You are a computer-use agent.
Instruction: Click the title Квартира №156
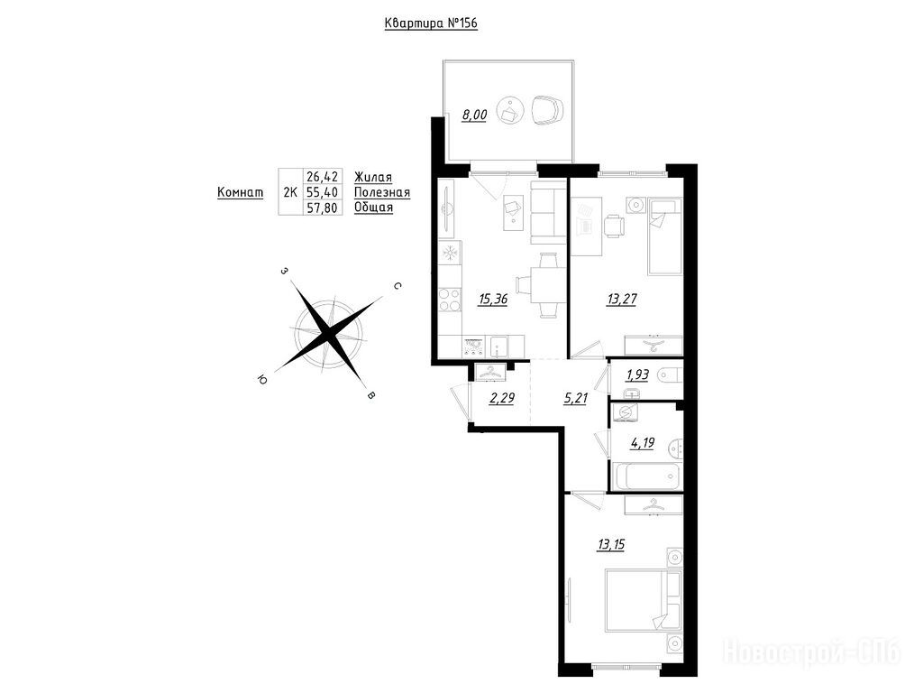[x=431, y=23]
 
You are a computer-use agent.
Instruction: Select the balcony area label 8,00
[x=474, y=115]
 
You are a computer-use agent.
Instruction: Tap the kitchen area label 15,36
[x=492, y=300]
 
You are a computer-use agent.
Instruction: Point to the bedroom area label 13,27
[x=622, y=299]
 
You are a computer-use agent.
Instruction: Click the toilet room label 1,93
[x=637, y=374]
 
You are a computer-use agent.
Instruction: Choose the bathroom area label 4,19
[x=642, y=443]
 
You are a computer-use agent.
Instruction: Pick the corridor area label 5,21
[x=575, y=399]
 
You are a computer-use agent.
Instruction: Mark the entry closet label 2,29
[x=502, y=399]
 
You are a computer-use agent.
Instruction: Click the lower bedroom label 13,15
[x=610, y=544]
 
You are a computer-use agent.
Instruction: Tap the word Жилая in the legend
[x=373, y=177]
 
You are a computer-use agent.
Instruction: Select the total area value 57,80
[x=322, y=208]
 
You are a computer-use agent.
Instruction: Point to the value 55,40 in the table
[x=322, y=192]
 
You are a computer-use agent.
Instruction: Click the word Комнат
[x=240, y=192]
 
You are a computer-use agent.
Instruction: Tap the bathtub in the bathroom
[x=646, y=476]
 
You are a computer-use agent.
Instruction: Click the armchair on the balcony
[x=547, y=109]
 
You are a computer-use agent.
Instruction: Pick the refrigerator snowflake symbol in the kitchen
[x=450, y=254]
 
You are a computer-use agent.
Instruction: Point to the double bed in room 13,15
[x=644, y=601]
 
